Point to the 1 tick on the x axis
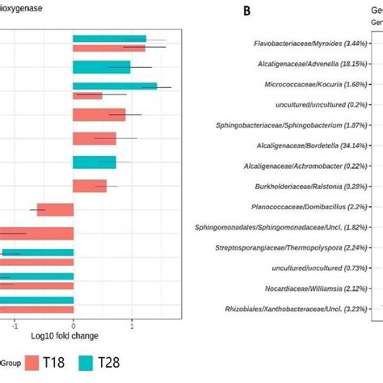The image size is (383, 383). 132,326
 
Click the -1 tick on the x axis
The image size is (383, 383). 15,326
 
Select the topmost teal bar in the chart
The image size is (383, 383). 109,39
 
